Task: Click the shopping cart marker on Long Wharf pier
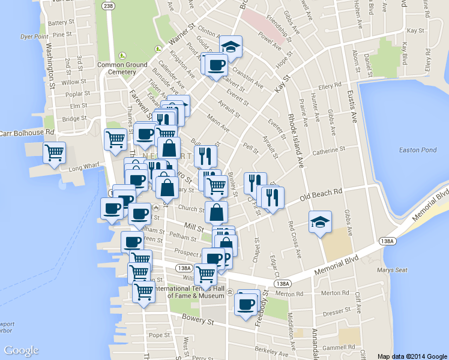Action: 54,154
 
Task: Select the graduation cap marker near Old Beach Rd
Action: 320,222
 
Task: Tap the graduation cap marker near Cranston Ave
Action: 229,47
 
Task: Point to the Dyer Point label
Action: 34,37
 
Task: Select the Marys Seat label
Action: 393,270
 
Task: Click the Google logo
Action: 21,350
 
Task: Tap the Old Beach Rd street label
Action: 321,196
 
